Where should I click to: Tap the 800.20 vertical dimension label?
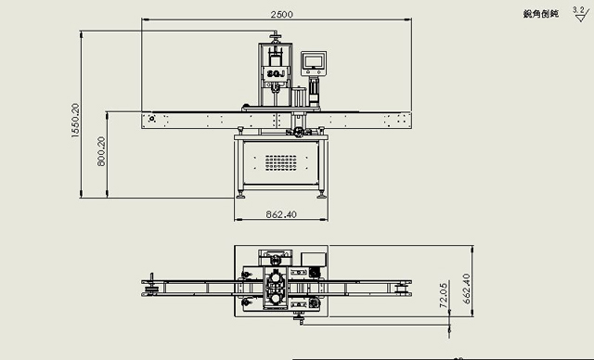point(101,153)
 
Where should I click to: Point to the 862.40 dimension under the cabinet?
point(281,213)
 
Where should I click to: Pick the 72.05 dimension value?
point(444,295)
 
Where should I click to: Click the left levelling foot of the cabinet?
point(241,194)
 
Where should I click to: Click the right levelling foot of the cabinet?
point(321,194)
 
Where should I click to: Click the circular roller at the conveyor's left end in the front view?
point(149,121)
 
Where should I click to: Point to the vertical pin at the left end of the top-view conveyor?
point(151,288)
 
